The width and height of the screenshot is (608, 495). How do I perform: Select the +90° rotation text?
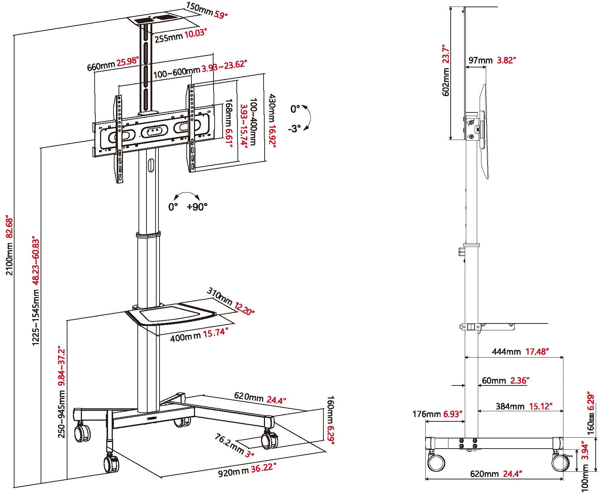pos(197,207)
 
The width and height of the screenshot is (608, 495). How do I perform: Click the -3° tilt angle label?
pos(294,129)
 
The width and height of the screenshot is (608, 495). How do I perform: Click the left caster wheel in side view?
pos(436,463)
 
